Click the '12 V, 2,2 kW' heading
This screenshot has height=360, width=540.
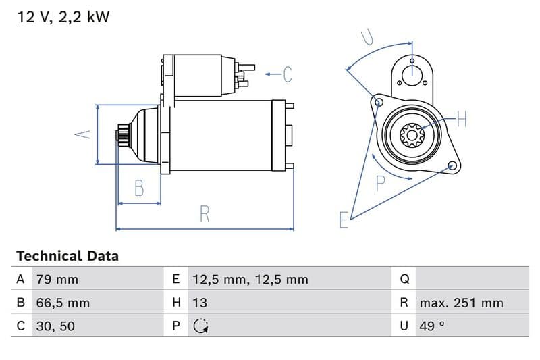click(63, 17)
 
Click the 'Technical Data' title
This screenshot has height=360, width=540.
click(67, 256)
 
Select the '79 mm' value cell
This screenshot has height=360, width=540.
click(56, 279)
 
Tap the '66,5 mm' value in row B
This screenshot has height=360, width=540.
click(62, 303)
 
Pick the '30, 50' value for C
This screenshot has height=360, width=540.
click(55, 326)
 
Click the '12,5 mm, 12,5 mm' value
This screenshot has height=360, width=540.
click(249, 279)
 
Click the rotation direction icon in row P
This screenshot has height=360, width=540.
click(200, 326)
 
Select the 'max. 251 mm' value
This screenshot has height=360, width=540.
click(461, 303)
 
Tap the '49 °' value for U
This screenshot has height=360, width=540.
click(432, 326)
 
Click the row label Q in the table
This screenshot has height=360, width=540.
click(404, 279)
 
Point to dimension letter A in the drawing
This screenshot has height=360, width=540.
click(82, 134)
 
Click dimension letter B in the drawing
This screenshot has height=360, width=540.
click(139, 188)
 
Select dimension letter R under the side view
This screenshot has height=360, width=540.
click(205, 214)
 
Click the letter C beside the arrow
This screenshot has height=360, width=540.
click(287, 74)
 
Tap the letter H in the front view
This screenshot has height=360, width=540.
click(461, 120)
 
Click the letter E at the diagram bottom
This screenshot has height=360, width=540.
click(344, 220)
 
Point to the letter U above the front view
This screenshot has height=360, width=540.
click(367, 36)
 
